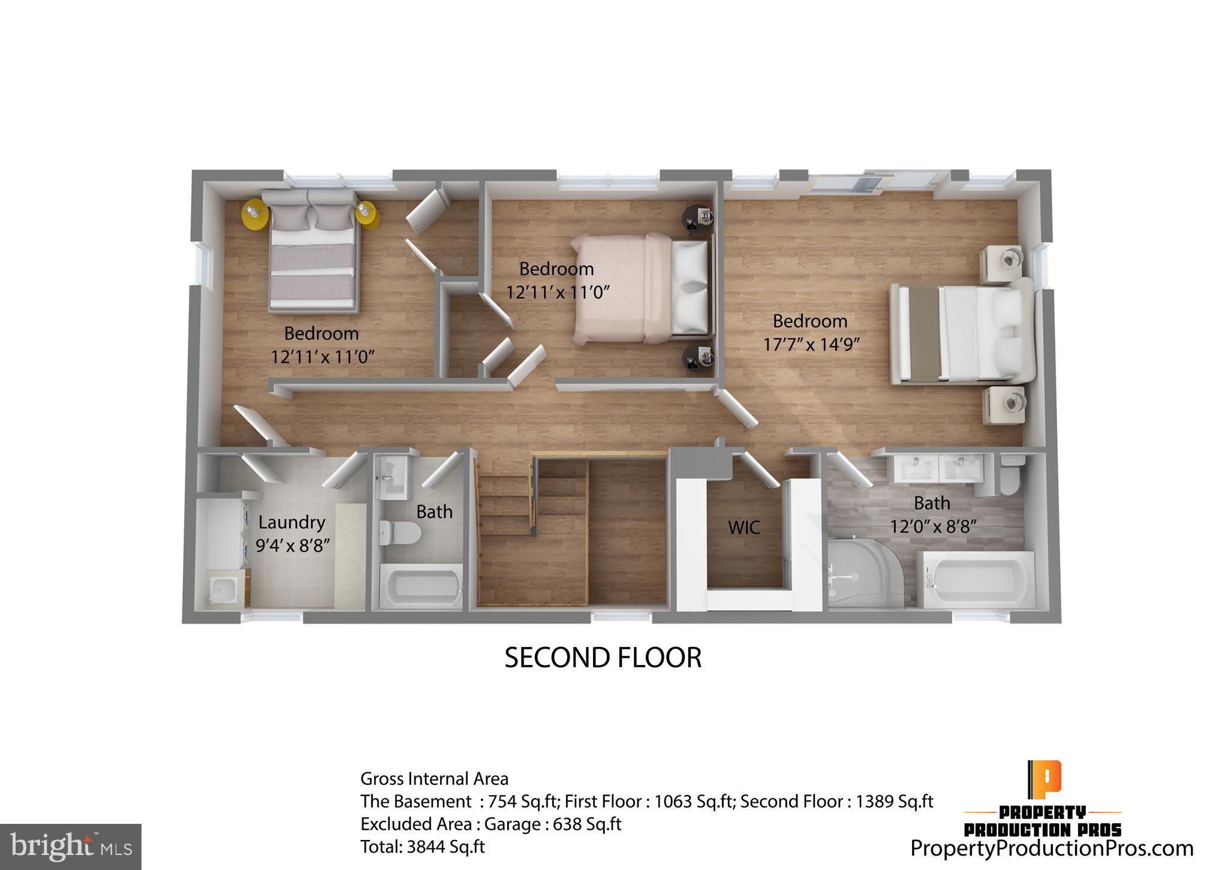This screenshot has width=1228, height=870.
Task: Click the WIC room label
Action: click(x=744, y=528)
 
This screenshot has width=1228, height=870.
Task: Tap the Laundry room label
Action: click(x=291, y=522)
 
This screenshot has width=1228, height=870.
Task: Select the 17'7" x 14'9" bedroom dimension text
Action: click(x=811, y=345)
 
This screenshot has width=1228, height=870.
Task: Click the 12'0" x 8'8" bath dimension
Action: click(x=933, y=527)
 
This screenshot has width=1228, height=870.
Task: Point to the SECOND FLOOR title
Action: click(x=603, y=658)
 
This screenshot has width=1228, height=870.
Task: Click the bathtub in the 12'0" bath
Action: click(x=975, y=579)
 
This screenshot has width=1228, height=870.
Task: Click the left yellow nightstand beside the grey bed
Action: click(x=255, y=215)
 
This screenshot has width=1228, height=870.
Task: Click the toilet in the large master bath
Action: click(x=1010, y=475)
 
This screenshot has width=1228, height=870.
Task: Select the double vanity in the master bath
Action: click(x=938, y=469)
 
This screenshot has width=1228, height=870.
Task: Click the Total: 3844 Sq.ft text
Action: click(x=422, y=847)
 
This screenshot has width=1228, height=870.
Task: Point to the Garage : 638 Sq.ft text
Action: click(x=552, y=824)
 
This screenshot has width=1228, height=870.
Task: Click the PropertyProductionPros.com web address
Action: click(x=1052, y=848)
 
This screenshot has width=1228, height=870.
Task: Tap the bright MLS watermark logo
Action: click(x=71, y=847)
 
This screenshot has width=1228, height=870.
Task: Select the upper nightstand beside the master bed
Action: click(x=1001, y=263)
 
